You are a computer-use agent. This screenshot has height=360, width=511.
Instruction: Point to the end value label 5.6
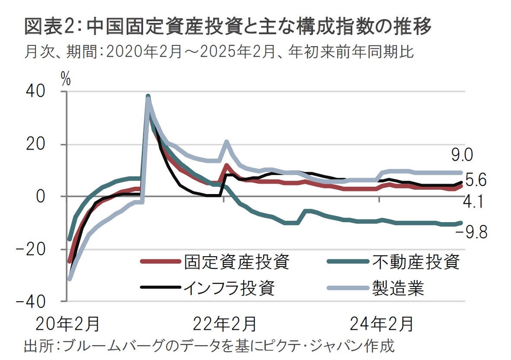tap(475, 180)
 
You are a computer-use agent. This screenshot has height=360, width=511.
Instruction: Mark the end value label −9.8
tap(471, 233)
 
